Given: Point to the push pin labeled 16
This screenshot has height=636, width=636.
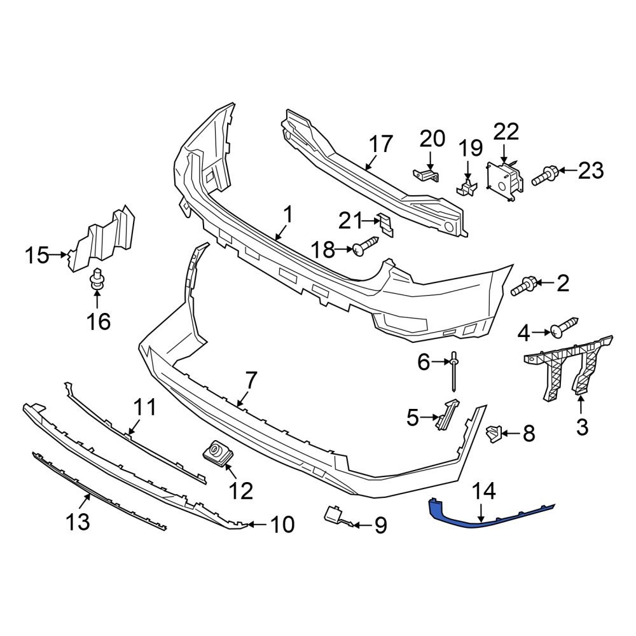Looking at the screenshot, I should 97,280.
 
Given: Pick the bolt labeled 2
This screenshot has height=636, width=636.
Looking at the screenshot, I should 525,287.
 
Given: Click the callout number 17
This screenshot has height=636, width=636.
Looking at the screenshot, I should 382,144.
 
